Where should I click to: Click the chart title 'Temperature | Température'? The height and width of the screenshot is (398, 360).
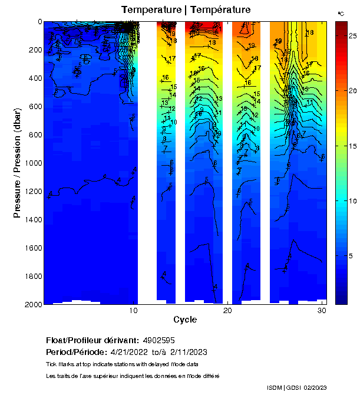186,10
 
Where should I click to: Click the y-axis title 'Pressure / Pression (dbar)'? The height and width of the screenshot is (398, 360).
17,163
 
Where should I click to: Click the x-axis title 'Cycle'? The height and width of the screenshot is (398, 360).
185,320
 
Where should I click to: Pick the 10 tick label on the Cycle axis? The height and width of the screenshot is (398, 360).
134,311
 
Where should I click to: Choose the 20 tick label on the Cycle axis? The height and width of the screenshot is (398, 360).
228,311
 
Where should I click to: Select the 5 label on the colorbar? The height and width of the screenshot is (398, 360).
351,255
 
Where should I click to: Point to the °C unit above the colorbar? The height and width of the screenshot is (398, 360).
341,13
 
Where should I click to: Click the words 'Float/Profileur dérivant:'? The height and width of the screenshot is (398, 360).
92,341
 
